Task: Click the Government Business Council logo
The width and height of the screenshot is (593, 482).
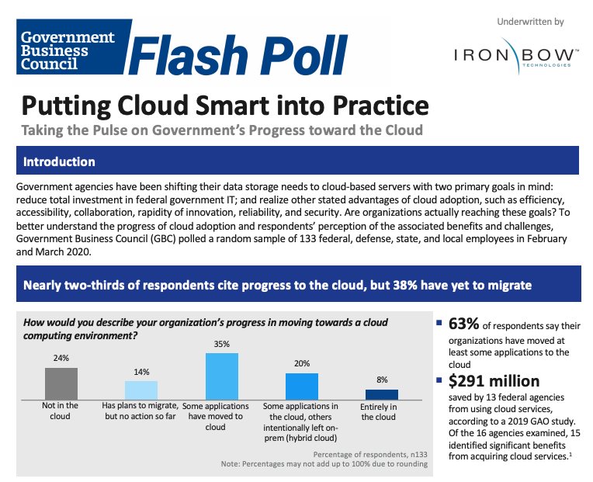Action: (68, 51)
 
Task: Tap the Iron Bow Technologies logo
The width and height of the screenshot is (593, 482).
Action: (513, 57)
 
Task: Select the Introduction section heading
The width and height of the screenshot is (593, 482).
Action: (60, 162)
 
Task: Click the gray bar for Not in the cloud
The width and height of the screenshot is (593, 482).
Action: (61, 383)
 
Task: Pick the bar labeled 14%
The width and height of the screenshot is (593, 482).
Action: (141, 390)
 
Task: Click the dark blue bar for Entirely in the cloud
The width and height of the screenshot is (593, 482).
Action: (381, 394)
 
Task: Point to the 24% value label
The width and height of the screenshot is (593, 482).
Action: (61, 359)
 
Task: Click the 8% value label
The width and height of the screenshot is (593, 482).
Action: (381, 380)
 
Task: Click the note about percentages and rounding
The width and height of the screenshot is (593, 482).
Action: (324, 464)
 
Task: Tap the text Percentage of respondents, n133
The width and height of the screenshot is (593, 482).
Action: (370, 454)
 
